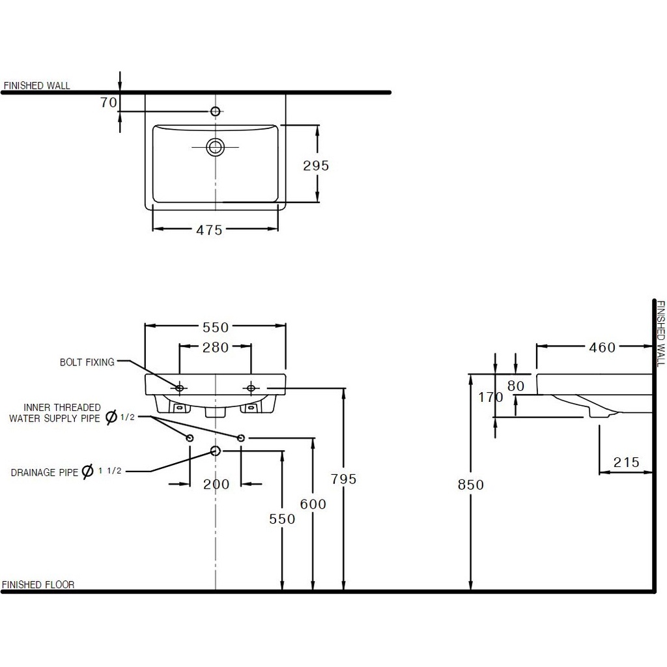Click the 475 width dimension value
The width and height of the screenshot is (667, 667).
coord(209,230)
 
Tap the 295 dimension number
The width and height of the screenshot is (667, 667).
coord(316,165)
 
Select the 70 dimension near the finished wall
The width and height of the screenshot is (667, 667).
coord(109,102)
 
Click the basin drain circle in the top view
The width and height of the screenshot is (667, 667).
coord(215,147)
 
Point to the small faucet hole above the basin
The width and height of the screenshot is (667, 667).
coord(215,111)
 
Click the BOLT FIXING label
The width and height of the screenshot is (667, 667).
coord(87,362)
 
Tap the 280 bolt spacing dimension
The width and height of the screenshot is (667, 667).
coord(215,348)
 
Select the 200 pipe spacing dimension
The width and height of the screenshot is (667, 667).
coord(216,484)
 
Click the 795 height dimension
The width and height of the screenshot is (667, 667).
coord(344,479)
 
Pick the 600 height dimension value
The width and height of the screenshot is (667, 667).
coord(313,504)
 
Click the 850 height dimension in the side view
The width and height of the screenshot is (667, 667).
coord(471,485)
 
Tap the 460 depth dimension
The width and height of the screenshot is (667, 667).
coord(603,348)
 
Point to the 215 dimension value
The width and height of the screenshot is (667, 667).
coord(626,462)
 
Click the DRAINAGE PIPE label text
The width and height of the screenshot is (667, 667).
coord(45,473)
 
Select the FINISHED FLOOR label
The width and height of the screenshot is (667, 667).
coord(38,584)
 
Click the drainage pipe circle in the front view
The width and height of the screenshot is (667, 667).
coord(216,451)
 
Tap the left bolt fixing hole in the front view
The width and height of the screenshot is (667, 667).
coord(180,388)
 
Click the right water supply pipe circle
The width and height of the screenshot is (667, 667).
coord(241,438)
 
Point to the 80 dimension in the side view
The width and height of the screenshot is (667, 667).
coord(516,386)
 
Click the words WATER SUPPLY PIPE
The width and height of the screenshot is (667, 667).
coord(55,419)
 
